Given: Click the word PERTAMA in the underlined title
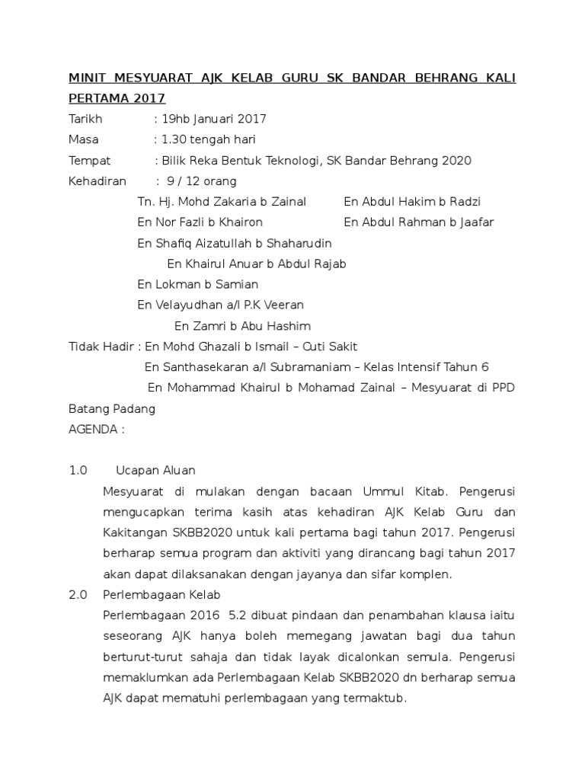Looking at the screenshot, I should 97,99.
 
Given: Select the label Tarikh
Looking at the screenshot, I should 85,120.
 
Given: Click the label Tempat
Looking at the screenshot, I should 89,161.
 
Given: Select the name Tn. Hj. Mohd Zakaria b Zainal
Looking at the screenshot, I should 222,202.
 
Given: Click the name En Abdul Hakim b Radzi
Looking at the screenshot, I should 412,202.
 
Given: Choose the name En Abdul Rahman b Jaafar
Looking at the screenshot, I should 419,222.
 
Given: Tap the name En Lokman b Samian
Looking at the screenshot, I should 198,284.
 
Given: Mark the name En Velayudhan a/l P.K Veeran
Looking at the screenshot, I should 220,305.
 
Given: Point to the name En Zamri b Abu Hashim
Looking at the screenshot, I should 242,326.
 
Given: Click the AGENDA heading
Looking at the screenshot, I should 93,429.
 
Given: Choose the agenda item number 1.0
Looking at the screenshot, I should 78,470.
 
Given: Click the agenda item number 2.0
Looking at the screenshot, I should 78,594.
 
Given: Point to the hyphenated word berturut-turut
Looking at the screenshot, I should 138,656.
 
